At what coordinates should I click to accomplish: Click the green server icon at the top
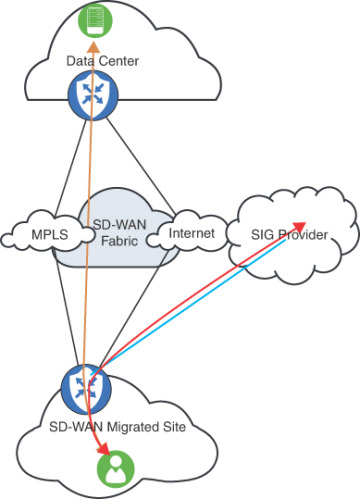coord(93,16)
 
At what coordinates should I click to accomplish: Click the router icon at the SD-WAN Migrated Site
coord(81,384)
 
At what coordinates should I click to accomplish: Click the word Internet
coord(191,234)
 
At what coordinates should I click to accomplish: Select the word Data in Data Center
coord(79,62)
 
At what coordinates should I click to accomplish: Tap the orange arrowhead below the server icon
coord(93,46)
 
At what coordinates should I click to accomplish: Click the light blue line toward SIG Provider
coord(200,305)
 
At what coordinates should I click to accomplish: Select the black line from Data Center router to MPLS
coord(60,166)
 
